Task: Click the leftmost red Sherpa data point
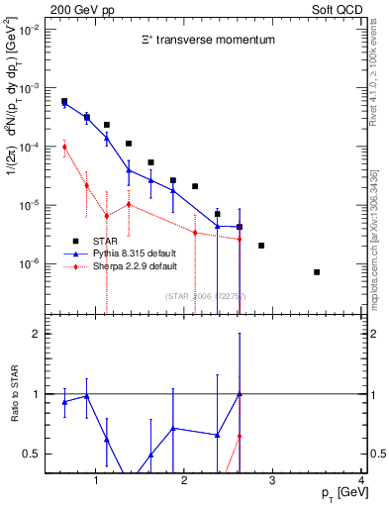pyautogui.click(x=64, y=147)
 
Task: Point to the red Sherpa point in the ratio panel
pyautogui.click(x=240, y=436)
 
